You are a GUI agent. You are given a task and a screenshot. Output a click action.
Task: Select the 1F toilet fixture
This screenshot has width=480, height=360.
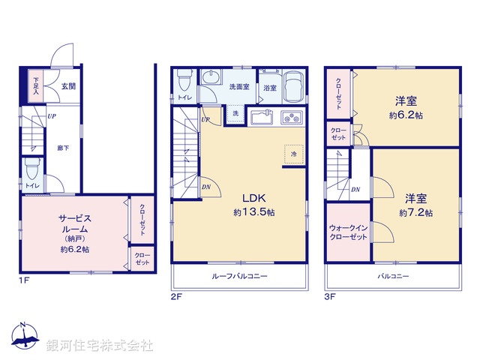pyautogui.click(x=31, y=166)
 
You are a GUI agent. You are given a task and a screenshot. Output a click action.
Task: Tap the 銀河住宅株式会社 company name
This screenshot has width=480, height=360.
pyautogui.click(x=100, y=345)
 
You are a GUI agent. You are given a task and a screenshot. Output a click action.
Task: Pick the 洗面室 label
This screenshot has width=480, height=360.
pyautogui.click(x=239, y=87)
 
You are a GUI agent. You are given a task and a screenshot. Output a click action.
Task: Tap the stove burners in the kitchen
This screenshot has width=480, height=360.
pyautogui.click(x=291, y=118)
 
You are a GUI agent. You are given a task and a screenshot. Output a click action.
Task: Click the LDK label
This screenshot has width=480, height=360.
pyautogui.click(x=252, y=199)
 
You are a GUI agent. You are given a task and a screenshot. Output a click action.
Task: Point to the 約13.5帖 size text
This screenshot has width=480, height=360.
pyautogui.click(x=253, y=212)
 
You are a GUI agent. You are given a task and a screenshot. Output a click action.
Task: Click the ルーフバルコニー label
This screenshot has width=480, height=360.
pyautogui.click(x=240, y=277)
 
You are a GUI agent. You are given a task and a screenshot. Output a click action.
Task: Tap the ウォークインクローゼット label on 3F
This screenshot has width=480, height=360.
pyautogui.click(x=347, y=232)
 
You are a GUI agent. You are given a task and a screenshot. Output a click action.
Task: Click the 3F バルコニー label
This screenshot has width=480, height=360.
pyautogui.click(x=392, y=277)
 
